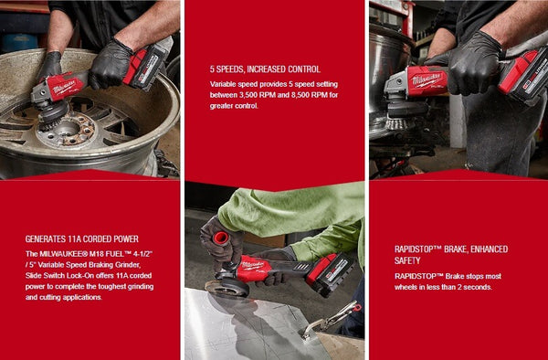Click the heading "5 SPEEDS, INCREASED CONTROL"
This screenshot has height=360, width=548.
coord(265,69)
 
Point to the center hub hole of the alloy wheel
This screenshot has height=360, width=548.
coord(68,138)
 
